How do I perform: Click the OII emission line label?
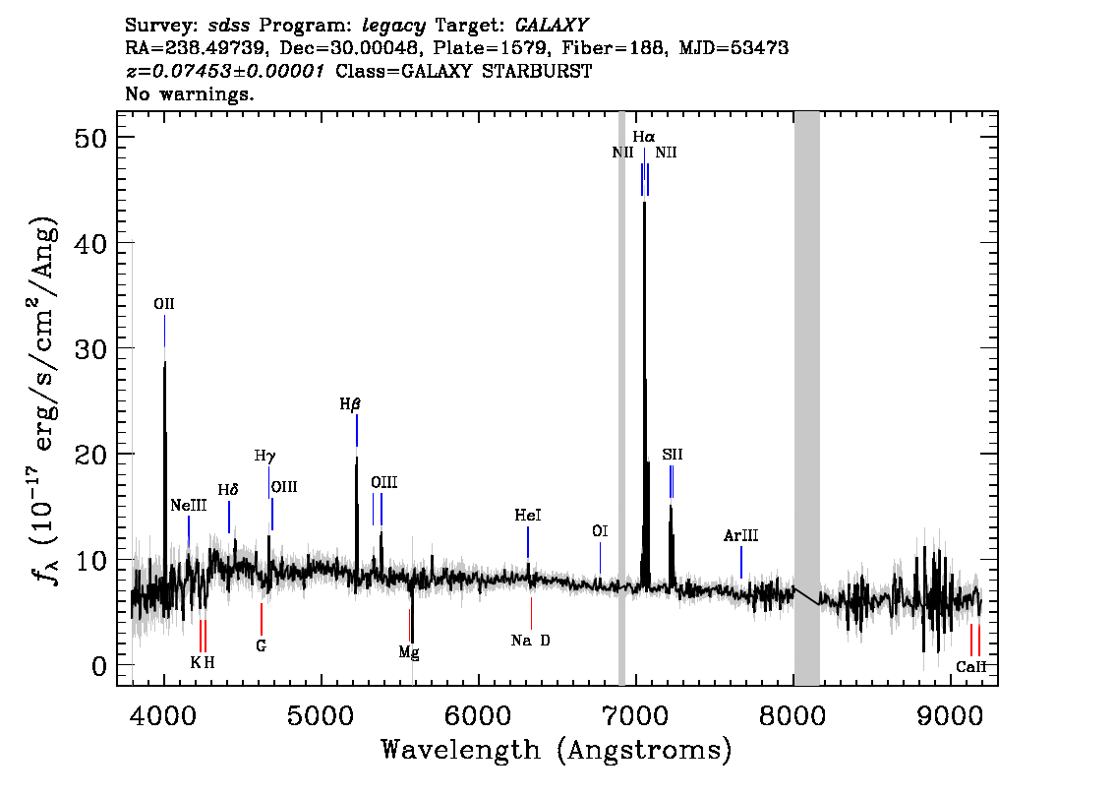point(164,305)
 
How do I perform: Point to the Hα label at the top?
point(644,137)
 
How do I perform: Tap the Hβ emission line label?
point(350,404)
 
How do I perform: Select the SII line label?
point(672,454)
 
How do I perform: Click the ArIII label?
point(741,536)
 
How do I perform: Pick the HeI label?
point(528,516)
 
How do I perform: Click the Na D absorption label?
point(531,641)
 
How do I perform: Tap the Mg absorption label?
point(409,651)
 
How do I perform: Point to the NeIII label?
point(189,505)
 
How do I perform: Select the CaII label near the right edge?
point(970,667)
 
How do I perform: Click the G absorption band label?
point(261,646)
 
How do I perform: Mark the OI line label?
point(600,531)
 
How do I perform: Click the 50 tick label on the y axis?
point(90,138)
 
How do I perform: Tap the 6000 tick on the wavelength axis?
point(479,715)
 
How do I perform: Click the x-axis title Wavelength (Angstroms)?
point(557,750)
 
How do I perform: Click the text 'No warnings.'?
point(189,93)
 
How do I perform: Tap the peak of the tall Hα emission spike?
point(644,202)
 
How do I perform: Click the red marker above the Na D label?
point(531,613)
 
